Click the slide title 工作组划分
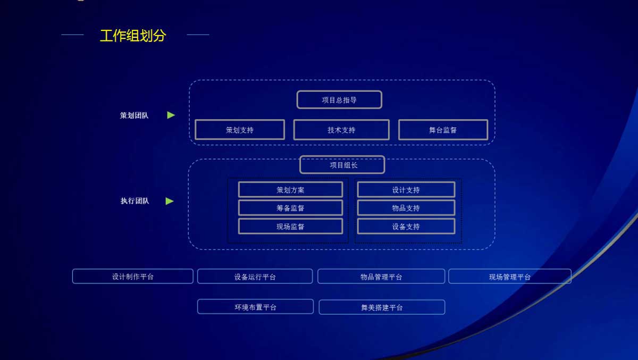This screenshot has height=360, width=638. (x=133, y=36)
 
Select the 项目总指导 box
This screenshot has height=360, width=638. (x=339, y=99)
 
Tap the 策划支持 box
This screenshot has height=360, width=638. (x=240, y=130)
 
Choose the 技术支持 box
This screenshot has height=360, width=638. (x=341, y=130)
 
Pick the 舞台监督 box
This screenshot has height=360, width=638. (x=443, y=130)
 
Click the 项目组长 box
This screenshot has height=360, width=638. (x=342, y=165)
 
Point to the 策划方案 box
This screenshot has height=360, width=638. (x=290, y=190)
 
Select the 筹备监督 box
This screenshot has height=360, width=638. (x=290, y=208)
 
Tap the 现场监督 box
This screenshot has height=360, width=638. (x=290, y=227)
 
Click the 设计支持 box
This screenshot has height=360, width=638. (x=406, y=190)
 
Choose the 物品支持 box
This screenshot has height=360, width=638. (x=406, y=208)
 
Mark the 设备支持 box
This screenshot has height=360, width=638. (x=406, y=227)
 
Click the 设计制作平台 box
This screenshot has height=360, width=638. (x=133, y=277)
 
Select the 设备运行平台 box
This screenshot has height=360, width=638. (x=255, y=277)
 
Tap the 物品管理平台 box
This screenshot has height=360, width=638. (x=381, y=277)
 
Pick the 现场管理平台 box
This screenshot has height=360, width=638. (x=510, y=277)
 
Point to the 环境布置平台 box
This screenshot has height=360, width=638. (x=256, y=307)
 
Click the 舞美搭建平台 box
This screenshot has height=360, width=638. (x=382, y=307)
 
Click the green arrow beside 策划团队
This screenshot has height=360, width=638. (x=171, y=115)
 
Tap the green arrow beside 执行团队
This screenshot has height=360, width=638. (x=170, y=201)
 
